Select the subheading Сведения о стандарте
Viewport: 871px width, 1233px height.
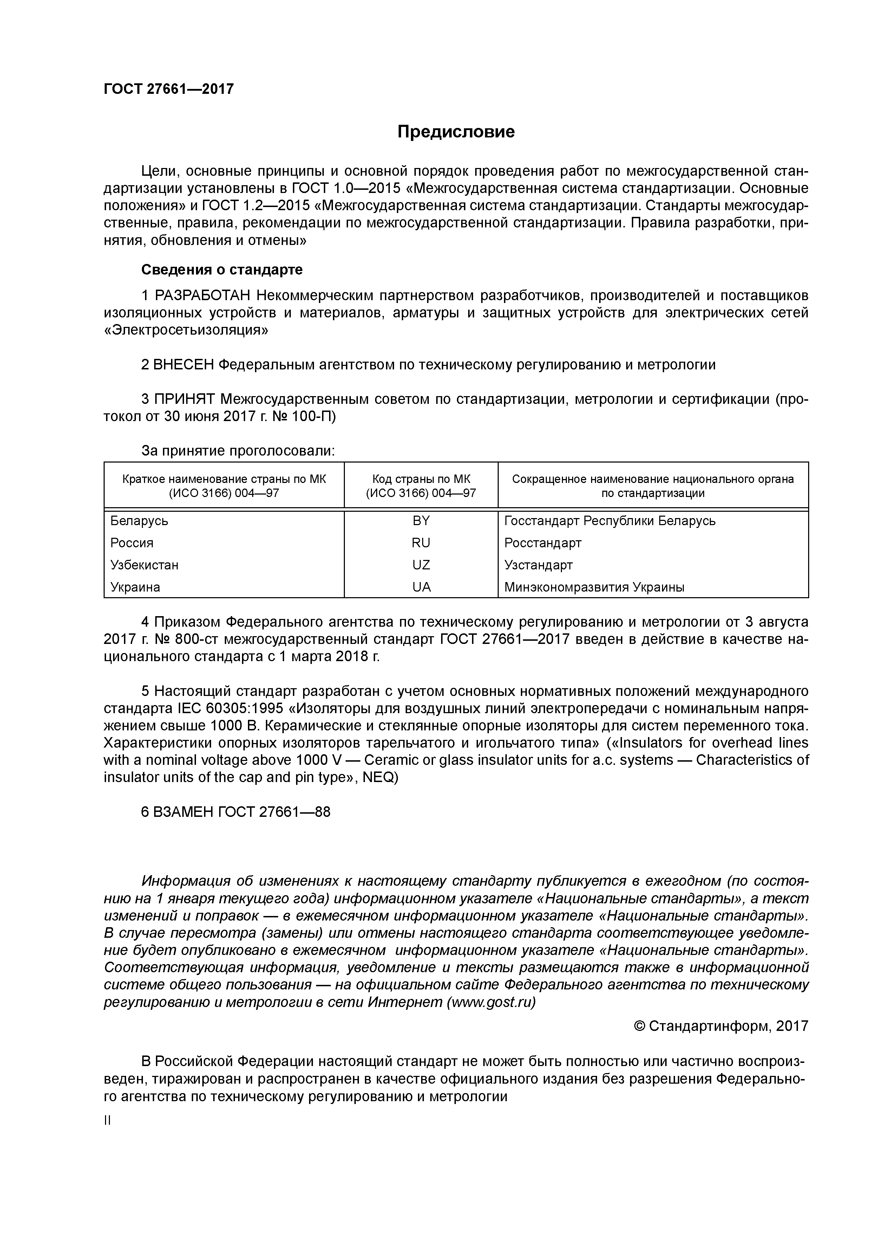(222, 270)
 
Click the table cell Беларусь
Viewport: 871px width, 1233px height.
(139, 521)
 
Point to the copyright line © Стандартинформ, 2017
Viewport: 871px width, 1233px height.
(721, 1026)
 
